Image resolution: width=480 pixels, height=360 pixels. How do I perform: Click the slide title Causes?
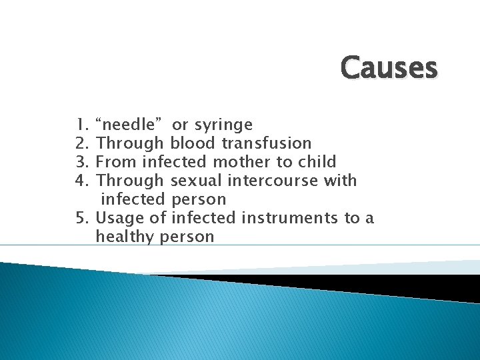pos(389,68)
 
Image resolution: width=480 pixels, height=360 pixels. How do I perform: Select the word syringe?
pos(223,125)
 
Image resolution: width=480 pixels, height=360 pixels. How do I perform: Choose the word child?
pos(316,162)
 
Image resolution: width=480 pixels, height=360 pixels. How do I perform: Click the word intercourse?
pos(271,181)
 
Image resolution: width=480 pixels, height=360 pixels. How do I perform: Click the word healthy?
pos(125,237)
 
